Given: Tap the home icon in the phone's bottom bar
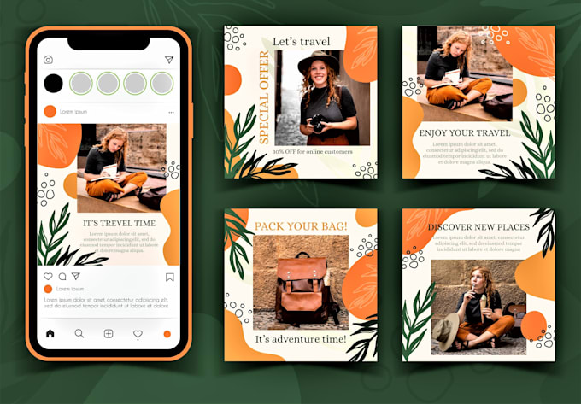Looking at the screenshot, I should point(50,334).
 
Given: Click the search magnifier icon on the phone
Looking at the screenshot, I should point(79,334).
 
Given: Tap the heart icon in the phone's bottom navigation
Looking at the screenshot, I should point(138,334).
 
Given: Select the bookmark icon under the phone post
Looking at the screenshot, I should point(169,277).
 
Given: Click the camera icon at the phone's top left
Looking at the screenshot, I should point(49,60).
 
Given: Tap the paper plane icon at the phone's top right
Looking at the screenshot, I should point(169,60).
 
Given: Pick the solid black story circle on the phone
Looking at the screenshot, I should point(53,83).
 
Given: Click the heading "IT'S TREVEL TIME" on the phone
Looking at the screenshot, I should point(120,223).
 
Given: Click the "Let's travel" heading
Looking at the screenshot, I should point(301,40).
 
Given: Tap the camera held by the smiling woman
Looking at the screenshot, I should point(318,122).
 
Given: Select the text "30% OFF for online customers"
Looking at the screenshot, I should point(313,152).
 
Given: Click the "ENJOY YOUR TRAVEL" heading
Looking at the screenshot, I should point(465,134).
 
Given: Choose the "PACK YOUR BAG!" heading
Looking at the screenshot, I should point(300,226).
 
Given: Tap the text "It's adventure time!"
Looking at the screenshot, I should point(301,339).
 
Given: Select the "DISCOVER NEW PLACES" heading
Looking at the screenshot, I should point(478,226).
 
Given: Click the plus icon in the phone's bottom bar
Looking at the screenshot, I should point(109,334).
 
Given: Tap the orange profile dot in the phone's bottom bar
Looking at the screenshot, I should point(167,334).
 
